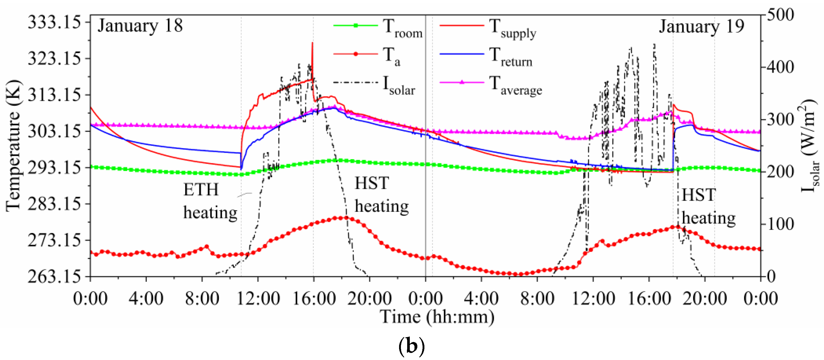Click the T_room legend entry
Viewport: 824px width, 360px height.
pyautogui.click(x=377, y=27)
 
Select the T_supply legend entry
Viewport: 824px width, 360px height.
pyautogui.click(x=488, y=27)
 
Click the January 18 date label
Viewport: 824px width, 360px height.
pyautogui.click(x=140, y=26)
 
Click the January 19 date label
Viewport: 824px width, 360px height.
pyautogui.click(x=702, y=26)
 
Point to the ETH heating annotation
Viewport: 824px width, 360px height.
pyautogui.click(x=210, y=201)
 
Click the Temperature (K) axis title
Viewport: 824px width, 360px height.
pyautogui.click(x=13, y=146)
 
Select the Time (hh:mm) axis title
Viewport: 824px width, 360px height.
pyautogui.click(x=437, y=317)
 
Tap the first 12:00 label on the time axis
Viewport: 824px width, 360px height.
pyautogui.click(x=258, y=298)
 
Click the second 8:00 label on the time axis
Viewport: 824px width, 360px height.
pyautogui.click(x=537, y=298)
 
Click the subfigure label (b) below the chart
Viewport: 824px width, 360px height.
pyautogui.click(x=411, y=346)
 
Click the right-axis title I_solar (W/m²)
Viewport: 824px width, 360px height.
pyautogui.click(x=809, y=146)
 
